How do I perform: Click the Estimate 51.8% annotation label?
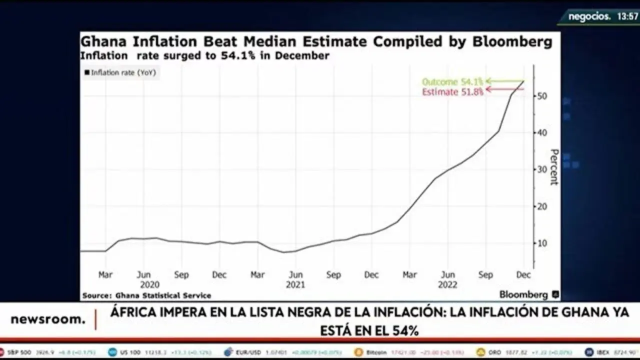(452, 92)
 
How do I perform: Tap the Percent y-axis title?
(554, 167)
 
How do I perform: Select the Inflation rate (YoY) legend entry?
(120, 73)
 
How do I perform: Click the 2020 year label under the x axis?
(149, 284)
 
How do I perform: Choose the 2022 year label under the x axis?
(447, 284)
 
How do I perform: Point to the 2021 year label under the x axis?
(295, 284)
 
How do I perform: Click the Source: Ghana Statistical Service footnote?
(146, 295)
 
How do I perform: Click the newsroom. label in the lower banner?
(48, 320)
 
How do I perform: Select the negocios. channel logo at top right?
(590, 16)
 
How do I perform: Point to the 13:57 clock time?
(627, 16)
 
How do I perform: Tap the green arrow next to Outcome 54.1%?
(504, 81)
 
